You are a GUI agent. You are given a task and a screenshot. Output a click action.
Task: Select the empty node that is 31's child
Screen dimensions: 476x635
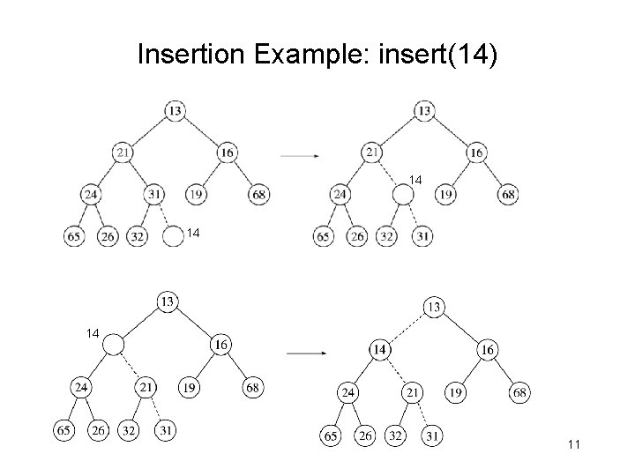point(174,236)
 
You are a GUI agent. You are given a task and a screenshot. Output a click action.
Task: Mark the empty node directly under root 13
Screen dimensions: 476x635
point(113,345)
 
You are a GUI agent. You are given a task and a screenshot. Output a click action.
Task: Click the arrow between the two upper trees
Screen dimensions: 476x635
point(300,156)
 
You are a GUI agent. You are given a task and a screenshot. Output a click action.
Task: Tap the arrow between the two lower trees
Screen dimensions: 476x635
point(306,353)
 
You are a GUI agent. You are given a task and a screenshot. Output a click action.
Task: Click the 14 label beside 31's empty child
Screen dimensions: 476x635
point(194,234)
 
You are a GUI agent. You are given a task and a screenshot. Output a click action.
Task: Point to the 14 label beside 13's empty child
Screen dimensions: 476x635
point(93,333)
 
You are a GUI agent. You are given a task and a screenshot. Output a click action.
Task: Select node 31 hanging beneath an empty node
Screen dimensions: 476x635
point(424,236)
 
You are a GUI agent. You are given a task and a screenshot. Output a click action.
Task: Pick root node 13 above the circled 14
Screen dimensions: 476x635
point(435,307)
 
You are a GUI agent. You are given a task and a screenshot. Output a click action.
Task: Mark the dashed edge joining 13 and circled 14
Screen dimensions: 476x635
point(407,328)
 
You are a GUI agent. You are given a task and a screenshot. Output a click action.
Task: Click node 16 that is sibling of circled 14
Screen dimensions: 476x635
point(488,350)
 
